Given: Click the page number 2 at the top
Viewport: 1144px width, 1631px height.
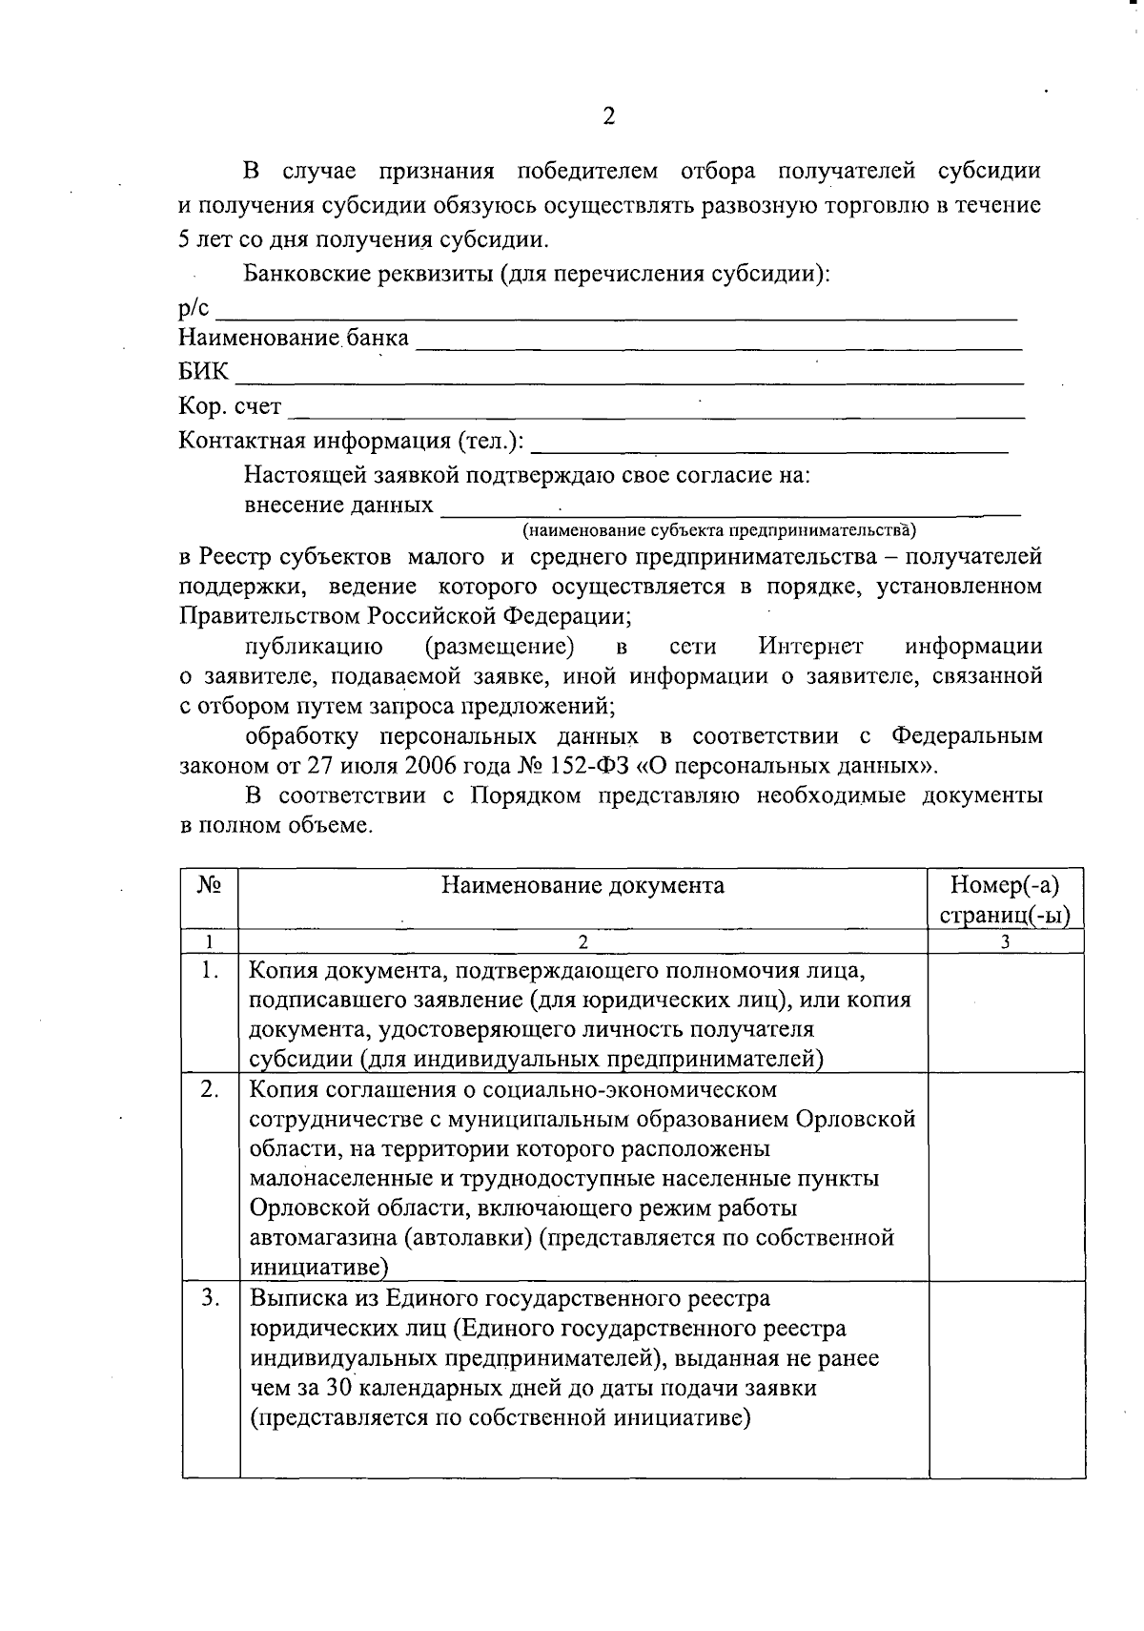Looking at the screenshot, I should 609,116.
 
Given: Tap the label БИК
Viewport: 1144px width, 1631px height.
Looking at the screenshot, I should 203,372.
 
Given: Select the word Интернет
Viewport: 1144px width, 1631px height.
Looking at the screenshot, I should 810,647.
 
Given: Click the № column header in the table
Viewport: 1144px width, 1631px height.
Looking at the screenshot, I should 210,885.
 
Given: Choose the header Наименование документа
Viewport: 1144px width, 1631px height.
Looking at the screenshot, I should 582,885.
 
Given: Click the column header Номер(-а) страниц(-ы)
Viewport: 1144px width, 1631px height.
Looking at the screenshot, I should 1005,899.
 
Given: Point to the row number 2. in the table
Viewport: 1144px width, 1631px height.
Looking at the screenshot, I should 210,1090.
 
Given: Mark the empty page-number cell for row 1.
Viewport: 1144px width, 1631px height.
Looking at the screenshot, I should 1006,1013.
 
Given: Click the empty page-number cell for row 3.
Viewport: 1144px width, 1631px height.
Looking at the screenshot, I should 1006,1378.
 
